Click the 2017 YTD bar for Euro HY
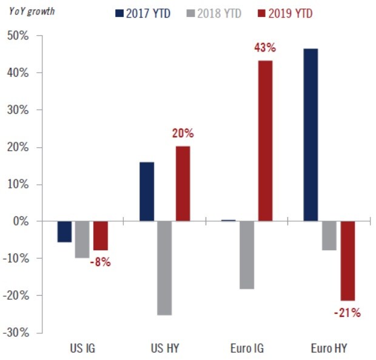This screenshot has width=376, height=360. (311, 135)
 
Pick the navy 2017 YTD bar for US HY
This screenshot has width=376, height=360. (147, 192)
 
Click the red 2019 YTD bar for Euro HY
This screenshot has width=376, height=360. (347, 261)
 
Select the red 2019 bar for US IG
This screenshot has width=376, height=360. (101, 236)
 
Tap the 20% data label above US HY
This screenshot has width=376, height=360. (183, 134)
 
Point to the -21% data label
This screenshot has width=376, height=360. (347, 313)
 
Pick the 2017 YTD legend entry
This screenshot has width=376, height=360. (143, 12)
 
